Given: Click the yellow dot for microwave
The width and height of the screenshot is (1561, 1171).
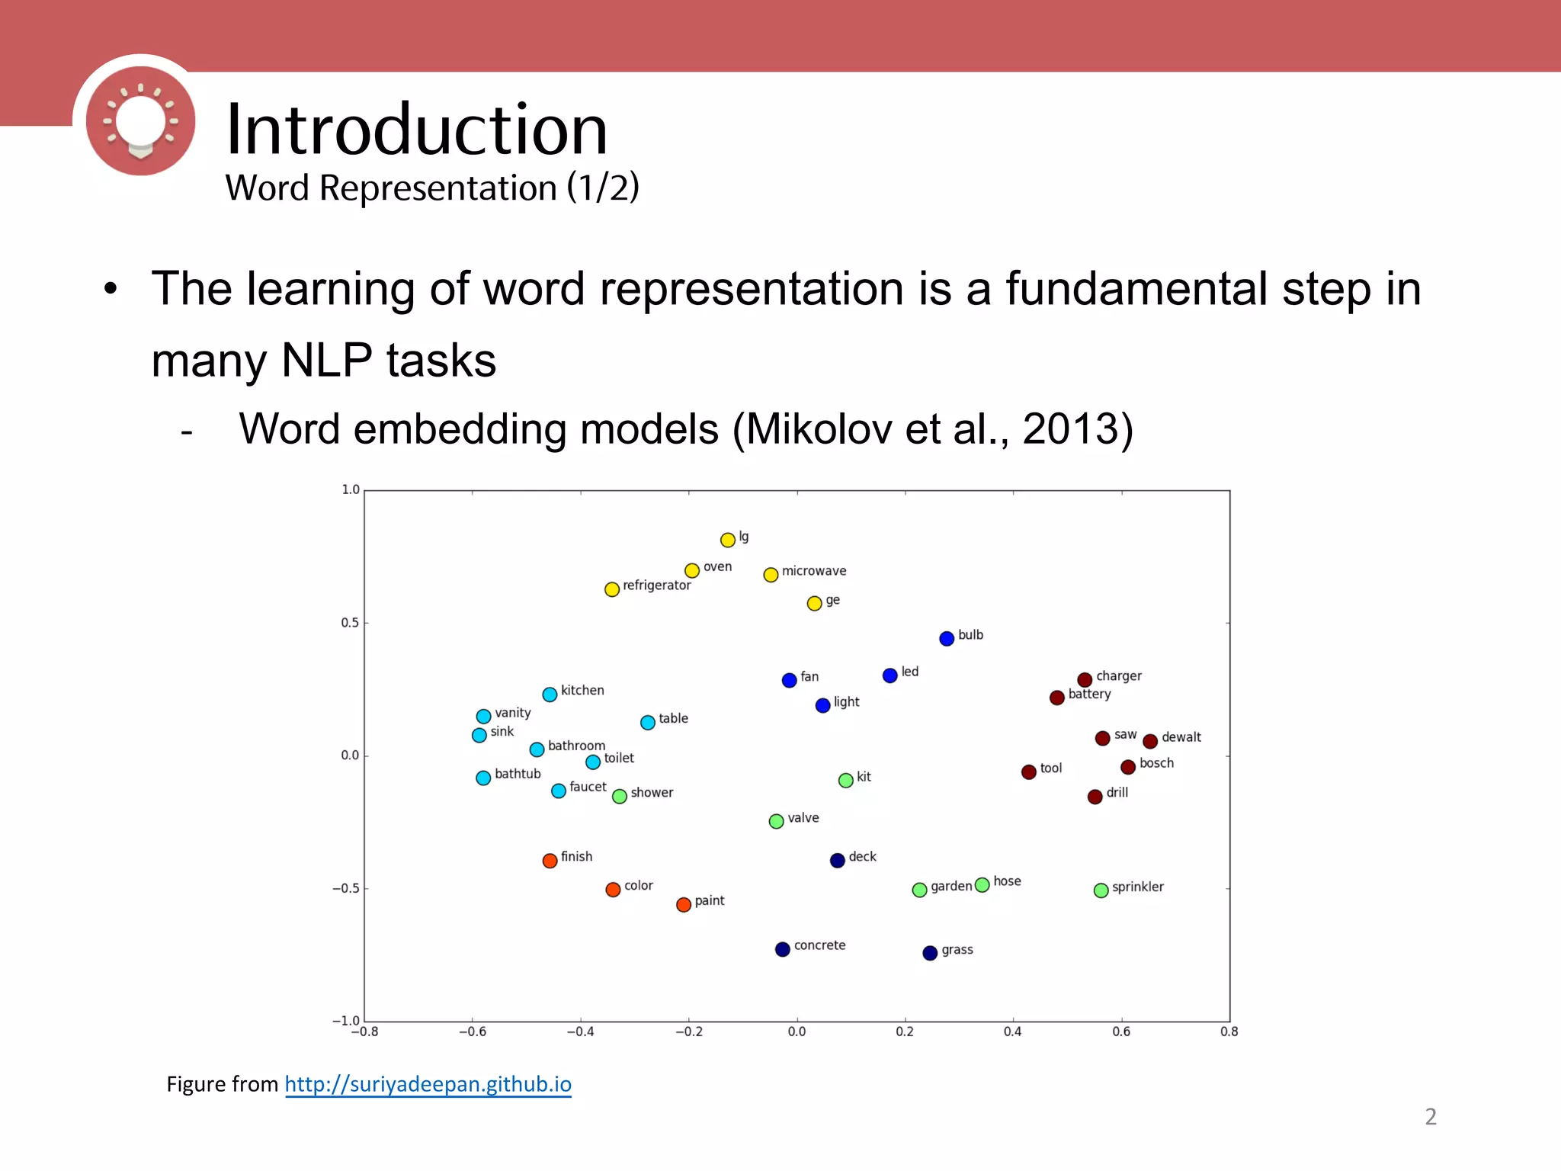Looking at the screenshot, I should click(771, 575).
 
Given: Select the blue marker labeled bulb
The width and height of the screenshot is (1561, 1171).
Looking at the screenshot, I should click(947, 639).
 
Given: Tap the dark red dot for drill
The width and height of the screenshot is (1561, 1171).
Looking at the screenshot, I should click(1095, 797).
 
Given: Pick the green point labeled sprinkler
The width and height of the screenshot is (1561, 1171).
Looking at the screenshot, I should click(1101, 890).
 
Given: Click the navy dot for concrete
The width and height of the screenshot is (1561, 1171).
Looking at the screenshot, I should click(782, 949).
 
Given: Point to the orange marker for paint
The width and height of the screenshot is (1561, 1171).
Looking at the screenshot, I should click(684, 904).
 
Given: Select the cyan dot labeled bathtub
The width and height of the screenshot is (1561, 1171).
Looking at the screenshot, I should click(483, 778).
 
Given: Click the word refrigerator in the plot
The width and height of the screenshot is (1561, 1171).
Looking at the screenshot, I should click(656, 585).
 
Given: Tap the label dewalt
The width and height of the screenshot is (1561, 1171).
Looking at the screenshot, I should click(1181, 737).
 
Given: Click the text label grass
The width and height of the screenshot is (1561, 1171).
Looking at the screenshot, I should click(957, 950).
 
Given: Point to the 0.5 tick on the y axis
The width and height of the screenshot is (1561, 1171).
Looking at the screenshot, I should click(350, 623).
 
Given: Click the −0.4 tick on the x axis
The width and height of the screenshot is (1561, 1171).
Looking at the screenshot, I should click(580, 1031).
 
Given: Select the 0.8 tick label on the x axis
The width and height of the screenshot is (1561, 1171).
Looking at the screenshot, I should click(1229, 1031).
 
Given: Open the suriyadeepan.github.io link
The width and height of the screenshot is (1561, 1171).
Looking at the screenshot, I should click(428, 1084).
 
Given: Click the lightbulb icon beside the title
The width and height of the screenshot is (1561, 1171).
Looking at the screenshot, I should click(140, 120).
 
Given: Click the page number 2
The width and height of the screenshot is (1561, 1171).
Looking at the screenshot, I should click(1430, 1117).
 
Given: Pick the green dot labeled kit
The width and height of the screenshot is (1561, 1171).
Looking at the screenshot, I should click(845, 781).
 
